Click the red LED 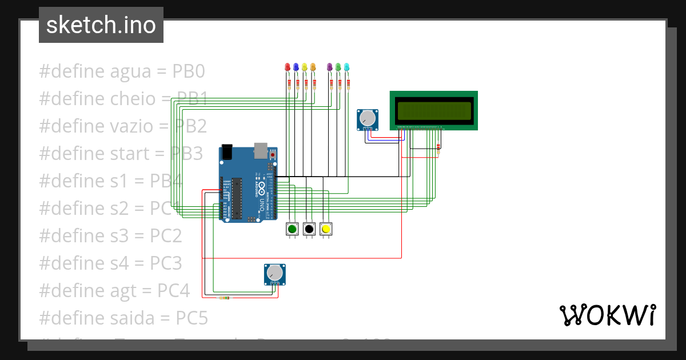pyautogui.click(x=288, y=67)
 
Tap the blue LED pyautogui.click(x=296, y=67)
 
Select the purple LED pyautogui.click(x=329, y=67)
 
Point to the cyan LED pyautogui.click(x=346, y=67)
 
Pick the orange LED pyautogui.click(x=313, y=67)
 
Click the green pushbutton pyautogui.click(x=293, y=229)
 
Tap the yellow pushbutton pyautogui.click(x=326, y=229)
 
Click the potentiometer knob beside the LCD pyautogui.click(x=368, y=119)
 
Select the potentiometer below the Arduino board pyautogui.click(x=274, y=274)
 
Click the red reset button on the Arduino pyautogui.click(x=273, y=155)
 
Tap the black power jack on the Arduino pyautogui.click(x=228, y=151)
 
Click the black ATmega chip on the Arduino pyautogui.click(x=237, y=198)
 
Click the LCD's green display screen pyautogui.click(x=434, y=110)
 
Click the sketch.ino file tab pyautogui.click(x=101, y=25)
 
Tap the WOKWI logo pyautogui.click(x=607, y=315)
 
